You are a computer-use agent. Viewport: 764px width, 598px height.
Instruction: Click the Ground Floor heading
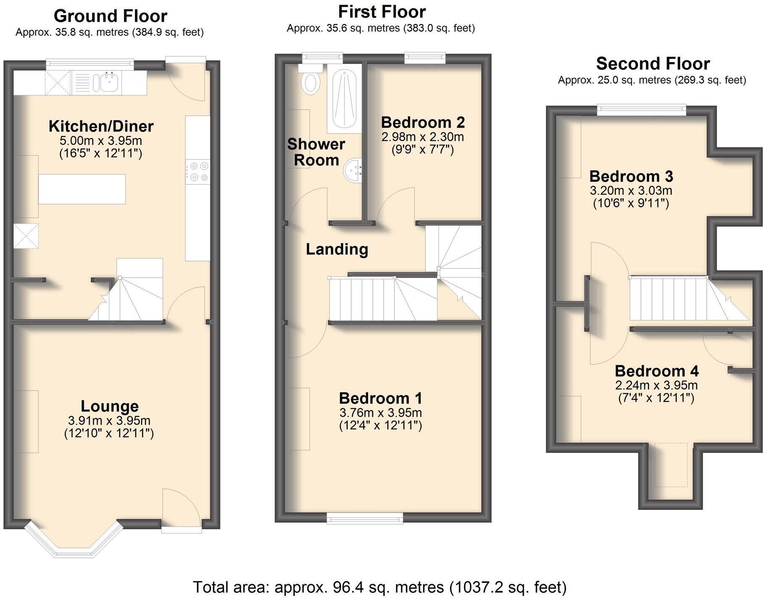(x=110, y=16)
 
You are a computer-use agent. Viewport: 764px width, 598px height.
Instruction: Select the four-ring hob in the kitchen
(x=198, y=172)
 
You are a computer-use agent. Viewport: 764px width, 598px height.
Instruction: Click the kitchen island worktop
(x=82, y=189)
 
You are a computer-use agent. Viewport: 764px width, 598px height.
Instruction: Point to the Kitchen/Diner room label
(x=101, y=126)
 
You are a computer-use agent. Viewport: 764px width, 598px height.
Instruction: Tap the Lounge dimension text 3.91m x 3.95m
(x=109, y=420)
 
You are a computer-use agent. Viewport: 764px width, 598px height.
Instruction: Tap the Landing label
(x=337, y=249)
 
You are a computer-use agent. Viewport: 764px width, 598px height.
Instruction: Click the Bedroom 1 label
(x=380, y=398)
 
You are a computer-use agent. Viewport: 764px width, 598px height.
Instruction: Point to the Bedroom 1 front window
(x=365, y=518)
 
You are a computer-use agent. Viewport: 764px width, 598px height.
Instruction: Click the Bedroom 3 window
(x=642, y=110)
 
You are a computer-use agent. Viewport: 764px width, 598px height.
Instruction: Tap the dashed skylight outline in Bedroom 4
(x=671, y=464)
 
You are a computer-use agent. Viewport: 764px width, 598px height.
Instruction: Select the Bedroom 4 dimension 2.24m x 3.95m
(x=656, y=385)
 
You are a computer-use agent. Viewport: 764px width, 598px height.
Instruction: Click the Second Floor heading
(x=653, y=64)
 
